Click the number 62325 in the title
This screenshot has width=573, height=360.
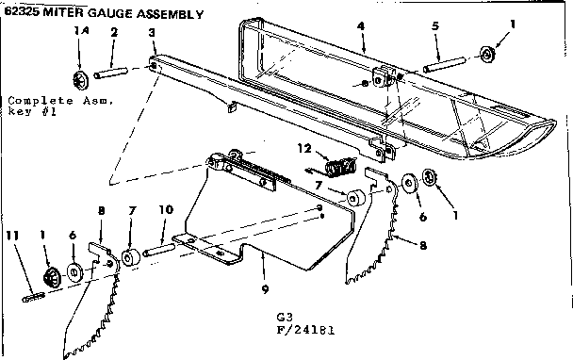22,13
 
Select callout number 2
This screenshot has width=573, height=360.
113,33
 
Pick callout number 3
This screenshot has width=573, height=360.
152,33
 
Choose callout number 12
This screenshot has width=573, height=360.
303,147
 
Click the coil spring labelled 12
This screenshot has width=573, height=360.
338,167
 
